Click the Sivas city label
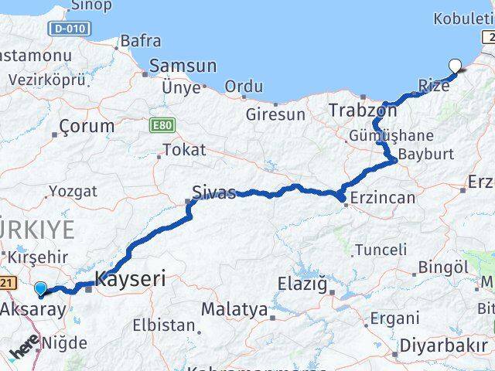pyautogui.click(x=215, y=192)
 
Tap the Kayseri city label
pyautogui.click(x=129, y=279)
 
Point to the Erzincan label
pyautogui.click(x=383, y=198)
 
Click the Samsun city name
pyautogui.click(x=183, y=66)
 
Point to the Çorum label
pyautogui.click(x=87, y=126)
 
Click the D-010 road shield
pyautogui.click(x=70, y=29)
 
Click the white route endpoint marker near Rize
pyautogui.click(x=455, y=66)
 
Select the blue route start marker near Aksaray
pyautogui.click(x=41, y=288)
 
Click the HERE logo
pyautogui.click(x=25, y=351)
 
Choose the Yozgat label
pyautogui.click(x=73, y=190)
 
